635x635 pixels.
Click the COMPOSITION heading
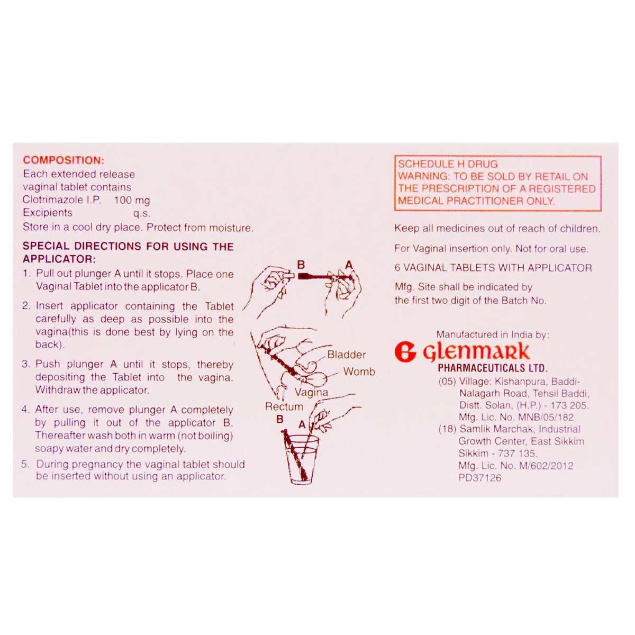click(63, 160)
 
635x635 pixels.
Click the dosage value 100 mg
click(132, 201)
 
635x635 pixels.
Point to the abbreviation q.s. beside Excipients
click(142, 213)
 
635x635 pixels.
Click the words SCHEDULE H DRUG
click(448, 164)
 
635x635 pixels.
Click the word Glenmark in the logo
click(476, 351)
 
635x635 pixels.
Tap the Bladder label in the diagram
click(346, 355)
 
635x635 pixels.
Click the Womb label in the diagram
click(359, 371)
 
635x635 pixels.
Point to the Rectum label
click(284, 406)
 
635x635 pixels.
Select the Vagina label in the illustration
click(311, 392)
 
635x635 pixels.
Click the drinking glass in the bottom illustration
click(302, 459)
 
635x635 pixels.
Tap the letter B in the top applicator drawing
click(301, 264)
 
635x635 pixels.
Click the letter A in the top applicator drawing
click(349, 264)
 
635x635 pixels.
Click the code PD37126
click(480, 478)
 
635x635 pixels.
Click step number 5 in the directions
click(25, 464)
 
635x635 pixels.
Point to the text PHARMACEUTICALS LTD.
click(492, 368)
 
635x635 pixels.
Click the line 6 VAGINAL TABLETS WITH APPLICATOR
click(493, 268)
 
